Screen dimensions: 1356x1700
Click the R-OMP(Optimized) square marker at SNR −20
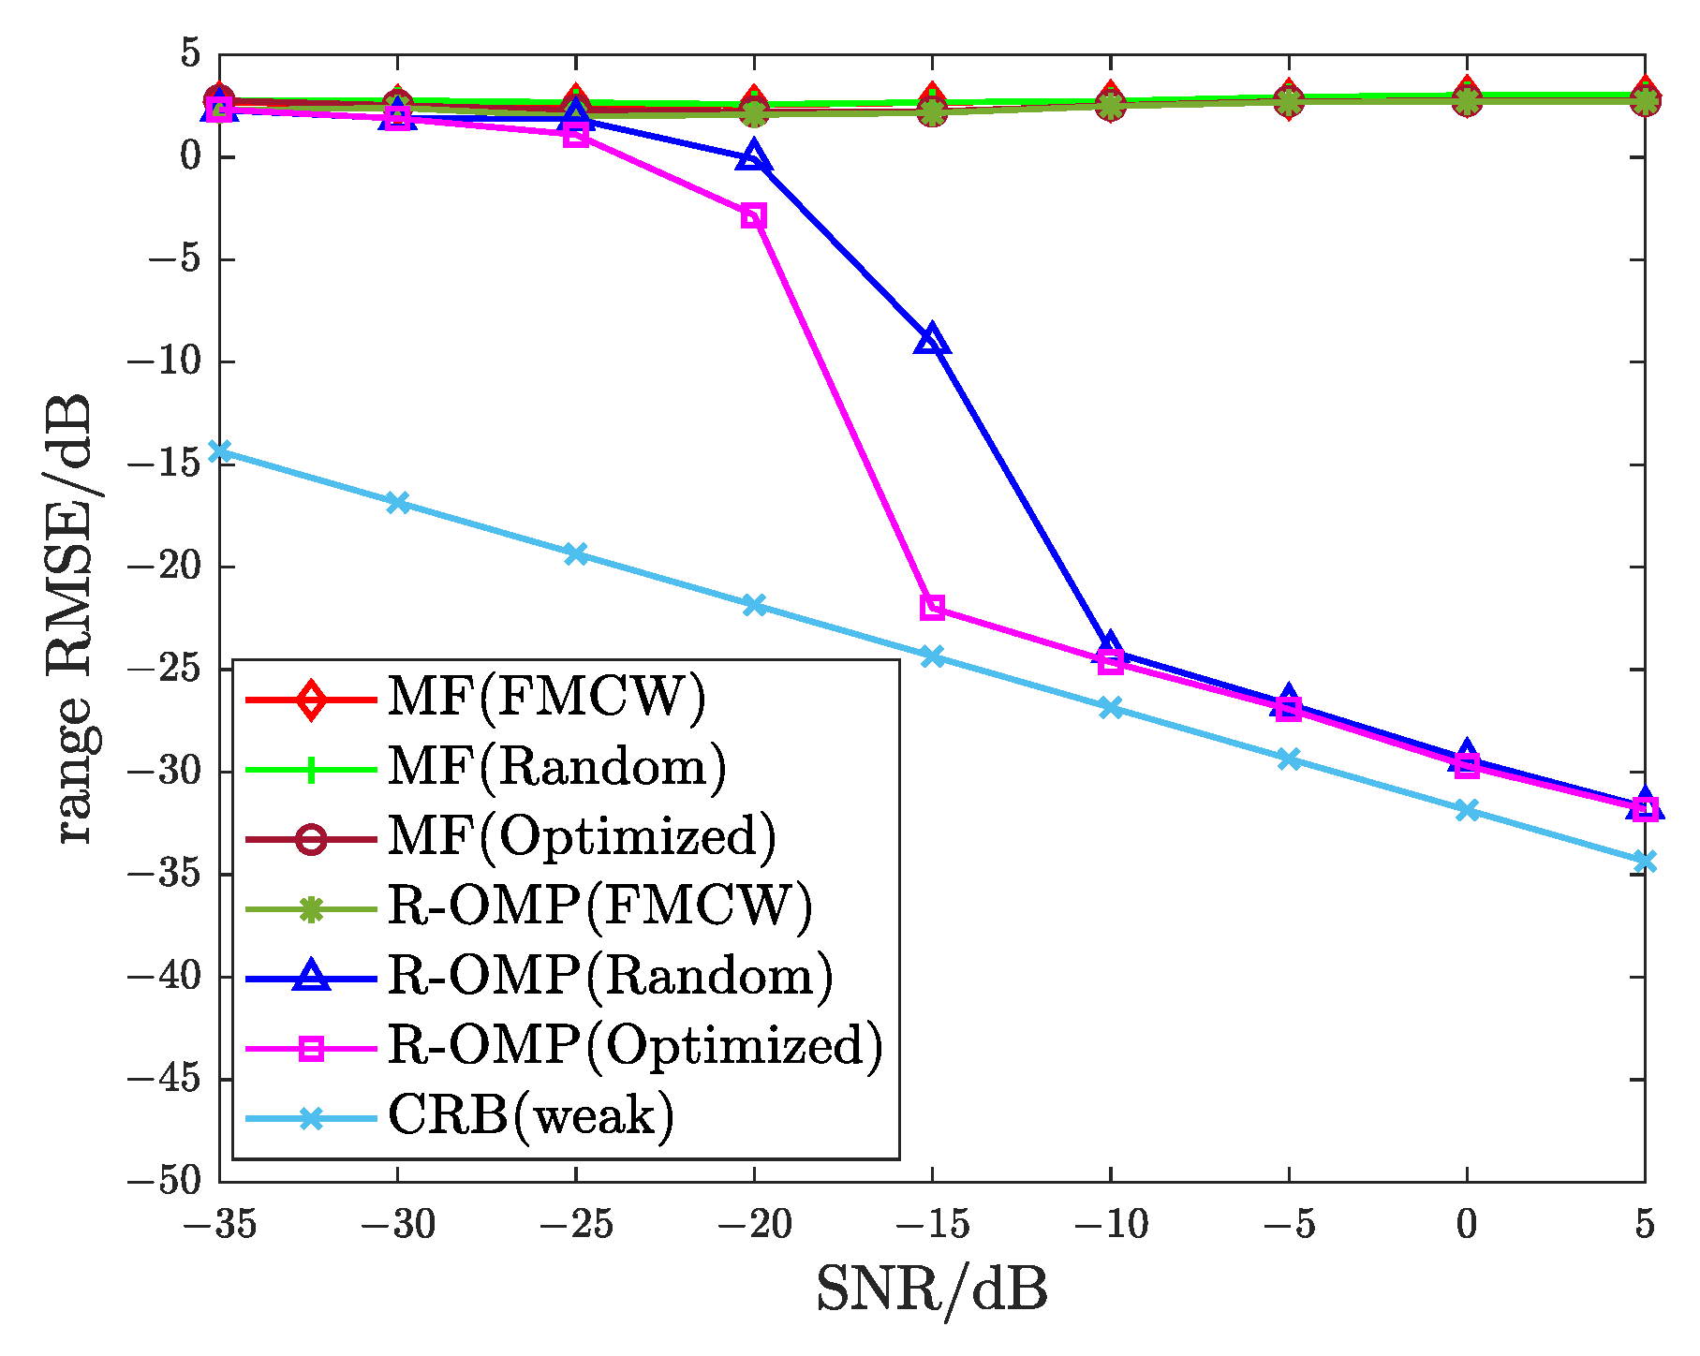(x=754, y=216)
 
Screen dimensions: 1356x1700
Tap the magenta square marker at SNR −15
(x=932, y=607)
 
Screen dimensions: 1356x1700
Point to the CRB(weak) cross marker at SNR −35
(x=219, y=451)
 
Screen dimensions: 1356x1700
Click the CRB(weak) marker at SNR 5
(x=1645, y=861)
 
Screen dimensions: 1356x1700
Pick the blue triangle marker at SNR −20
(x=754, y=157)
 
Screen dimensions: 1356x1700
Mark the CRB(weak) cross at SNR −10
(x=1111, y=707)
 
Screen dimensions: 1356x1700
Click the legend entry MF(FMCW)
(x=546, y=698)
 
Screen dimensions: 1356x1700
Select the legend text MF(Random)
(x=556, y=768)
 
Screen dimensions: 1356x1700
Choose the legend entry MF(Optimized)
(x=582, y=837)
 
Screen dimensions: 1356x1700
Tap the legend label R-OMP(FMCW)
(x=599, y=906)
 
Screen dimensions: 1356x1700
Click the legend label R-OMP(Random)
(x=610, y=977)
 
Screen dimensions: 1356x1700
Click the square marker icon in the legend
(x=311, y=1048)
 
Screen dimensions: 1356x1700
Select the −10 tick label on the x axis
(x=1111, y=1224)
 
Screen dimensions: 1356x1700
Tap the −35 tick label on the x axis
(x=219, y=1224)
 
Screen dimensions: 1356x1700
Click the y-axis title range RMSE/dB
(x=73, y=618)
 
